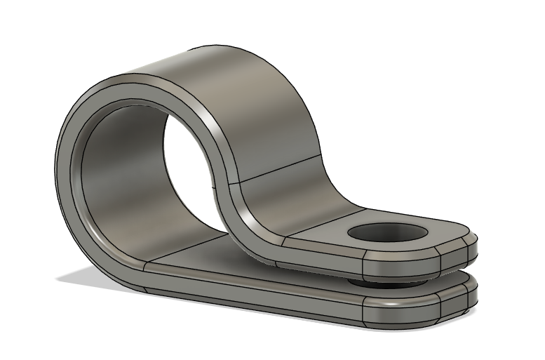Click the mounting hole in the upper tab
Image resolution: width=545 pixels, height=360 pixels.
(389, 235)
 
